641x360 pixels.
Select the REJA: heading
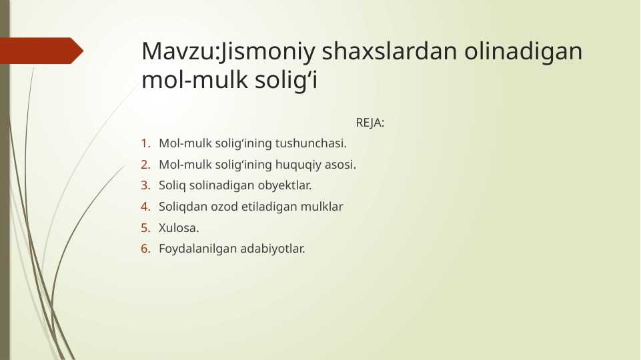pyautogui.click(x=370, y=123)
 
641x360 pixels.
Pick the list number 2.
pyautogui.click(x=145, y=164)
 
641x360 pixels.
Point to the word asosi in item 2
pyautogui.click(x=340, y=164)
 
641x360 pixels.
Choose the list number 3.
pyautogui.click(x=145, y=185)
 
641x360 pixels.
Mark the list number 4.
pyautogui.click(x=145, y=207)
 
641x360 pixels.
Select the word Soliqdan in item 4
pyautogui.click(x=181, y=207)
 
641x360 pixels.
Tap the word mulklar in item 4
pyautogui.click(x=323, y=207)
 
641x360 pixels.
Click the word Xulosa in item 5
pyautogui.click(x=177, y=228)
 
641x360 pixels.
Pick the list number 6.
pyautogui.click(x=145, y=249)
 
